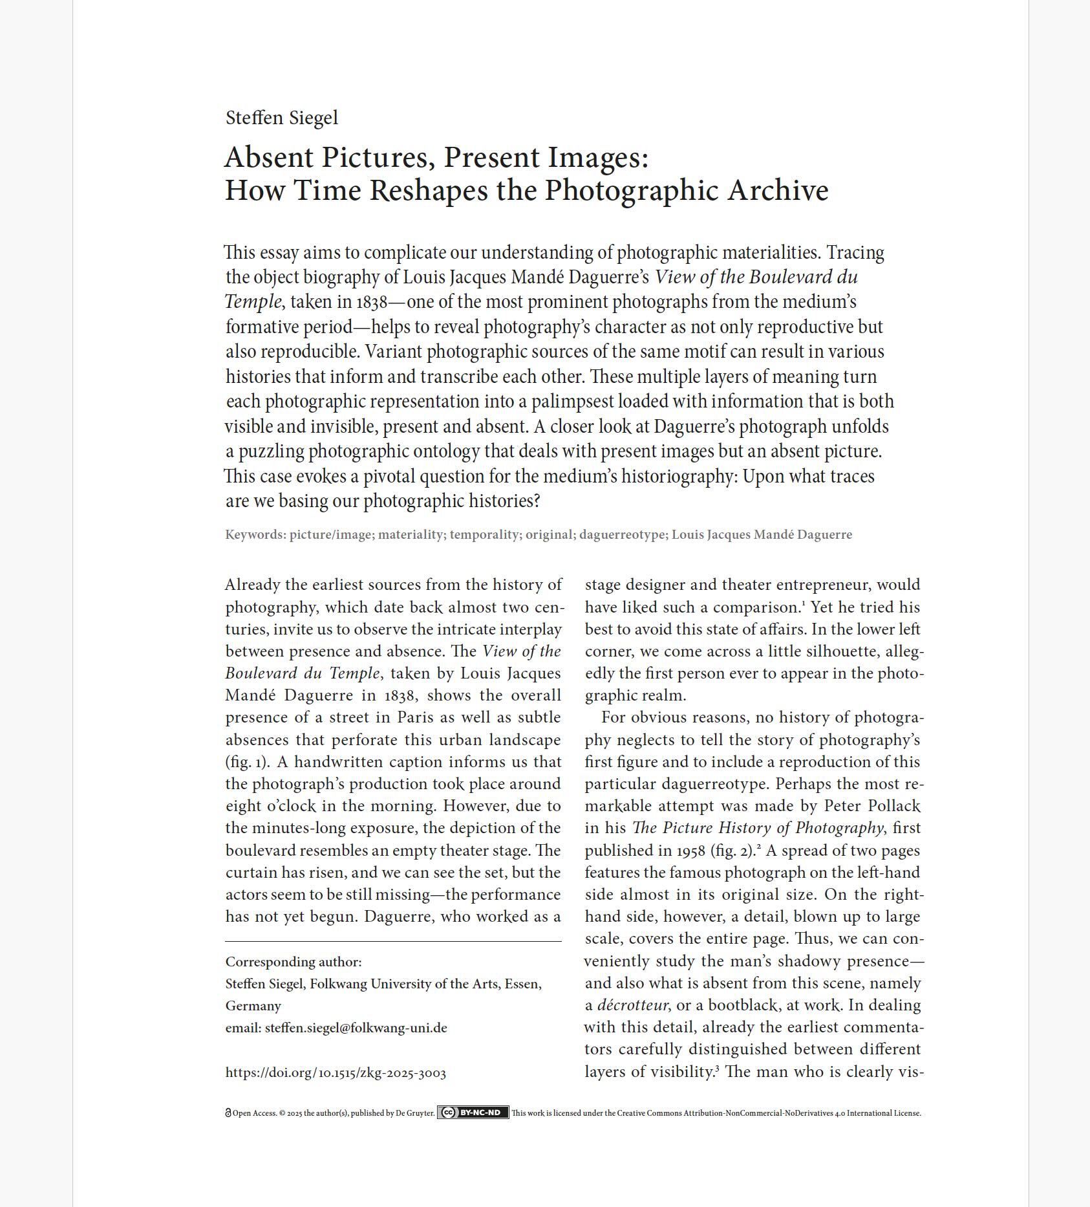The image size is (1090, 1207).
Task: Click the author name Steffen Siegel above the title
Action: tap(281, 118)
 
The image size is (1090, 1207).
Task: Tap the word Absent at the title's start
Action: tap(268, 158)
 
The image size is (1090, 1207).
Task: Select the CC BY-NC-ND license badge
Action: tap(473, 1113)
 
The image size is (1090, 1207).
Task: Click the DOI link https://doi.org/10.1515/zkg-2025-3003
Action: tap(336, 1073)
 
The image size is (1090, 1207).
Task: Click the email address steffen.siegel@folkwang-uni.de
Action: tap(356, 1028)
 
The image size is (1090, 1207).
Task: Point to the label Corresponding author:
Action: tap(293, 962)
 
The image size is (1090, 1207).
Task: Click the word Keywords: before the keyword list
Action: tap(255, 535)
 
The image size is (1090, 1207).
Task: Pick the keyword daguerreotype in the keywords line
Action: tap(621, 535)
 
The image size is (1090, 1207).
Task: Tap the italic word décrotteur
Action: tap(632, 1005)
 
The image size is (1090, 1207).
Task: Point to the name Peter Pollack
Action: tap(871, 806)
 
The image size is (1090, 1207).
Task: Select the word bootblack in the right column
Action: tap(742, 1005)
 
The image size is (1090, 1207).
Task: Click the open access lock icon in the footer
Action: tap(228, 1113)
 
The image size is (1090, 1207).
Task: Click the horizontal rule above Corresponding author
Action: tap(393, 941)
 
